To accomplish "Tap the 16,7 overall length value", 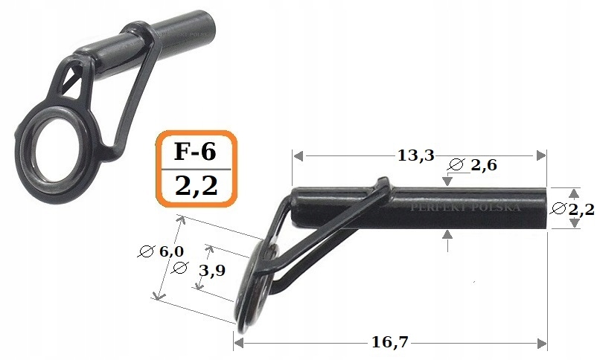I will click(391, 343).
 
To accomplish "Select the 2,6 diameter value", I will click(483, 166).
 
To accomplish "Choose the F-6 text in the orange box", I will click(195, 152).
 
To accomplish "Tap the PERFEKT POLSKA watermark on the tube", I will click(466, 207).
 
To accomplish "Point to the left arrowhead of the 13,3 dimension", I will click(296, 156).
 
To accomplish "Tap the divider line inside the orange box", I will click(196, 168).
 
